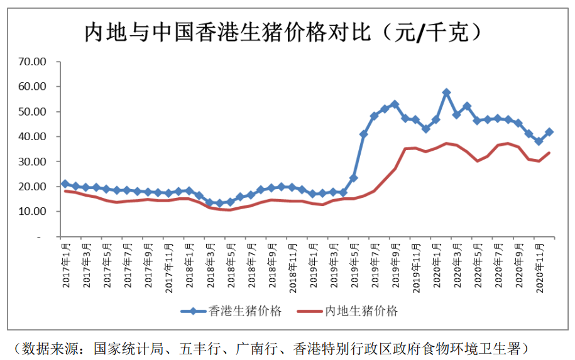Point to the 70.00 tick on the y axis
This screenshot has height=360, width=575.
33,62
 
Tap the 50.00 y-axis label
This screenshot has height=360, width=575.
33,112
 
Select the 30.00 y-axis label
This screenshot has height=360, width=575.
33,161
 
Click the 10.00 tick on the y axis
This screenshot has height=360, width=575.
33,212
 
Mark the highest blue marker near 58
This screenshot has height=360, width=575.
446,92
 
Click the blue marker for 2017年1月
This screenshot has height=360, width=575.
65,183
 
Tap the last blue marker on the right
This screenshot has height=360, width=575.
549,132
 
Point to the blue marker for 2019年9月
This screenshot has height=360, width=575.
395,104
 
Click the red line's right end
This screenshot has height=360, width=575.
550,153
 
